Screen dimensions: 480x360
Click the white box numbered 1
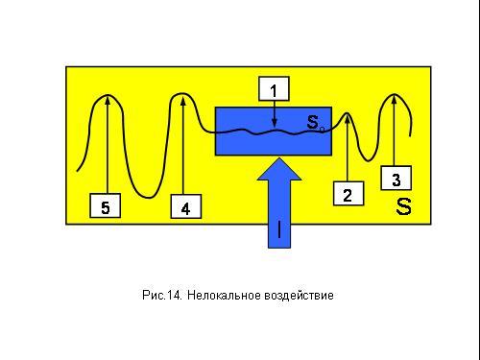coord(274,88)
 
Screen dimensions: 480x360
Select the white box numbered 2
coord(348,193)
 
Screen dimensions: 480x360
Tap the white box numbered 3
coord(396,178)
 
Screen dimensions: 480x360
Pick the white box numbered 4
coord(186,206)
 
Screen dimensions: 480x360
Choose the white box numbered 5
coord(106,205)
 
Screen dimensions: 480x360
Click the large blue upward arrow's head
coord(279,169)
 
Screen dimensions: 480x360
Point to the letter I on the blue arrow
coord(279,229)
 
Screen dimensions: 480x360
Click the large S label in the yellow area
coord(403,206)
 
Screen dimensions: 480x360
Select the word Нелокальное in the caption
coord(224,295)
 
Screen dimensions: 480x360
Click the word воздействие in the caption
coord(299,295)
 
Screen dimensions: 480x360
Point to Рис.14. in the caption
coord(162,295)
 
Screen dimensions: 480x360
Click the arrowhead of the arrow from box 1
coord(275,124)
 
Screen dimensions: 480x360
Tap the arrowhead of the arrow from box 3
coord(395,99)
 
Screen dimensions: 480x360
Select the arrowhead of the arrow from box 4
coord(183,100)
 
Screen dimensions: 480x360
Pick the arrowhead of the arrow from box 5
coord(108,100)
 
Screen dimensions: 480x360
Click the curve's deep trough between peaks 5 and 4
coord(149,197)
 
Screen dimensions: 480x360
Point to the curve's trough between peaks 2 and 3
coord(368,160)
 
